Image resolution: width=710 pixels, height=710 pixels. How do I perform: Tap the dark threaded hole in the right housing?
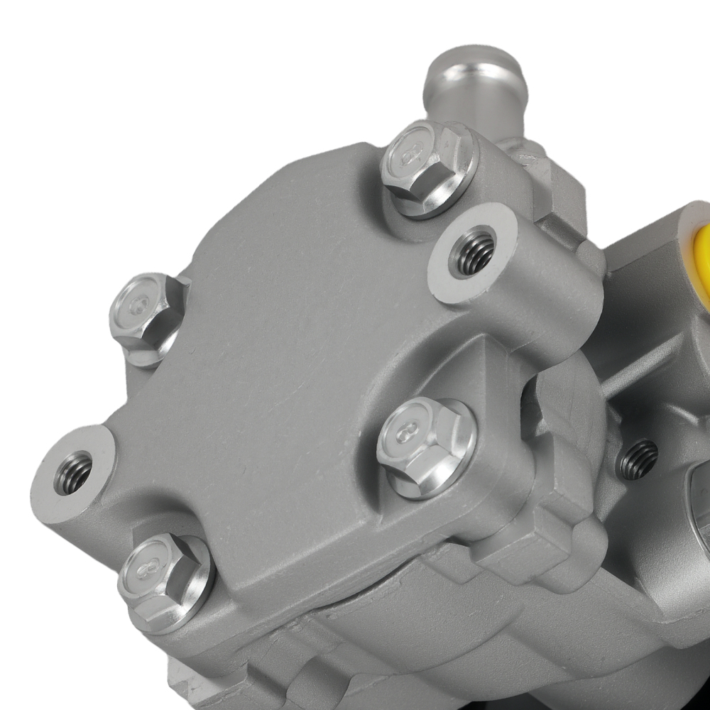pyautogui.click(x=638, y=459)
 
